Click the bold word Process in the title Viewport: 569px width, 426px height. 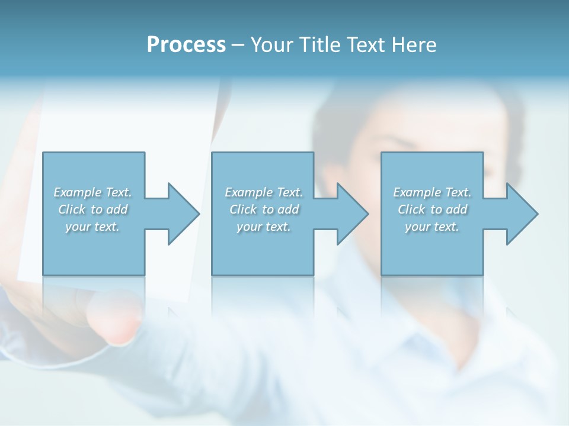(x=186, y=45)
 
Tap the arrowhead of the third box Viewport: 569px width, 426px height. (x=522, y=214)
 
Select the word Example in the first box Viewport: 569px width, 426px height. (x=78, y=192)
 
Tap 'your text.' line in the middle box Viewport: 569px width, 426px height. (x=264, y=227)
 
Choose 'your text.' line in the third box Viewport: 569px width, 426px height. (x=432, y=227)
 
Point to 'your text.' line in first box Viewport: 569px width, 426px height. (x=92, y=227)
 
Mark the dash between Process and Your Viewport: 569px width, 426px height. (x=238, y=45)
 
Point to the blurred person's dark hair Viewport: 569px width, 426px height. (x=415, y=106)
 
